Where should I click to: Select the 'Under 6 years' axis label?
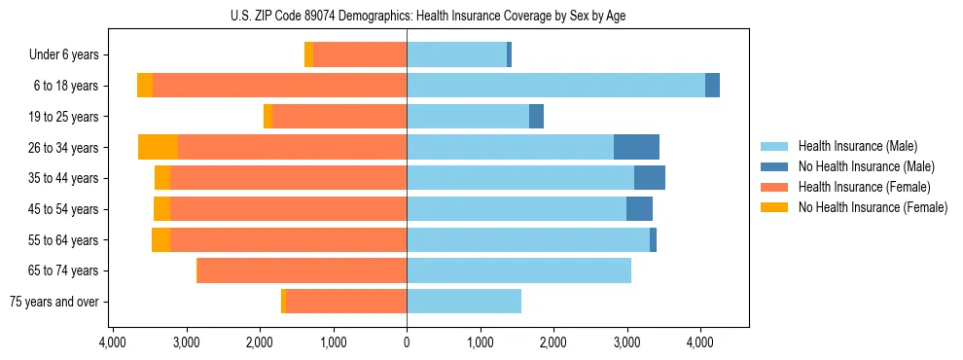[x=70, y=55]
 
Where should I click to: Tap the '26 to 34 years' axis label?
[x=65, y=148]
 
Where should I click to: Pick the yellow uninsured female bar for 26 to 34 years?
[x=159, y=147]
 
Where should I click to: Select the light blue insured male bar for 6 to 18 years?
[x=555, y=86]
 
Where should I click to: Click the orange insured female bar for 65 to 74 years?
[x=302, y=270]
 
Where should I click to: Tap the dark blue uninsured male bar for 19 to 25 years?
[x=536, y=117]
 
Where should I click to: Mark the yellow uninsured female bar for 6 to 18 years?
[x=145, y=86]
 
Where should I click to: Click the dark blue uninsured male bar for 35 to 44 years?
[x=650, y=178]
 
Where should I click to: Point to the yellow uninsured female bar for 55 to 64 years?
[x=161, y=239]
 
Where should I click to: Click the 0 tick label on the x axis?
[x=407, y=342]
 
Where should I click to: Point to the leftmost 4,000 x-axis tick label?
[x=113, y=342]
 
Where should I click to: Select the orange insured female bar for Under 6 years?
[x=360, y=55]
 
